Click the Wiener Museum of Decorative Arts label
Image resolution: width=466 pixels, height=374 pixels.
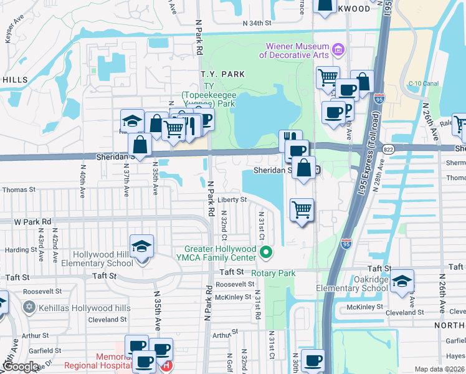coord(297,50)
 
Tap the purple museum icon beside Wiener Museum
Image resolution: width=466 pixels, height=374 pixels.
coord(338,48)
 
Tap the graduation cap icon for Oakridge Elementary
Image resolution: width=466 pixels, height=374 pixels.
coord(402,280)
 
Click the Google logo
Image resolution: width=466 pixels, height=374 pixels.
coord(21,367)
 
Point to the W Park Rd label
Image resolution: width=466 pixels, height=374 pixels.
coord(32,221)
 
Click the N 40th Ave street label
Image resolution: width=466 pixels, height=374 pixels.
coord(82,181)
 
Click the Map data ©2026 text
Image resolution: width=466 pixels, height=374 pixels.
coord(439,369)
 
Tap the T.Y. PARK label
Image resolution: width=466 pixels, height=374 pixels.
coord(222,74)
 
